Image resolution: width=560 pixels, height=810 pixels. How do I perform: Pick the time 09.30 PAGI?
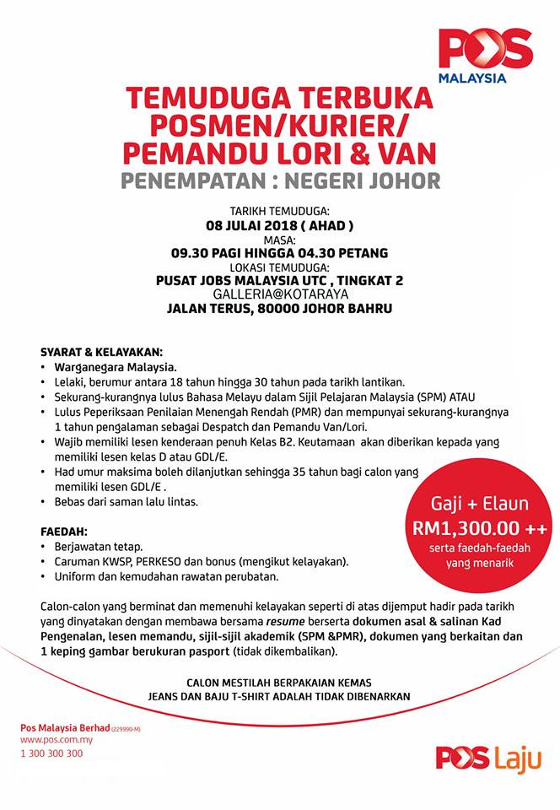[x=207, y=251]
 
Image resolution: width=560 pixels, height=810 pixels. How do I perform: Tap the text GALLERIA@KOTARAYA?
[x=279, y=293]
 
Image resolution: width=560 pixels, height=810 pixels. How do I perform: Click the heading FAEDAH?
[x=64, y=533]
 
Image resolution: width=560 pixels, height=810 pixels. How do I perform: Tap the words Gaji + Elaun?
[x=480, y=505]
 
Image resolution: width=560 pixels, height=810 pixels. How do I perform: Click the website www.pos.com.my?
[x=57, y=739]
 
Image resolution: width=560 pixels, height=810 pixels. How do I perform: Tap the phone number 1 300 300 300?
[x=52, y=753]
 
